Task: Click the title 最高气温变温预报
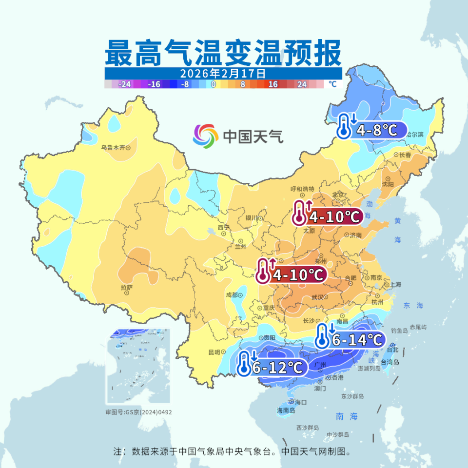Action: tap(223, 52)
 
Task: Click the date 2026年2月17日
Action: tap(223, 74)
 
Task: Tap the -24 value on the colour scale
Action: tap(125, 84)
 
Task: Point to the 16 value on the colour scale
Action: tap(273, 84)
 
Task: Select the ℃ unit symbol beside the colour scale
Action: tap(332, 84)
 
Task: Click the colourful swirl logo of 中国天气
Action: tap(206, 136)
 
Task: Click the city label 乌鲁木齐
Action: tap(113, 147)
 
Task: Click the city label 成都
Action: tap(232, 295)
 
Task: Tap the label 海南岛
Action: tap(286, 410)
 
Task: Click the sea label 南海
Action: tap(347, 416)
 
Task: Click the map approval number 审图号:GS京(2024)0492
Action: tap(138, 412)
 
